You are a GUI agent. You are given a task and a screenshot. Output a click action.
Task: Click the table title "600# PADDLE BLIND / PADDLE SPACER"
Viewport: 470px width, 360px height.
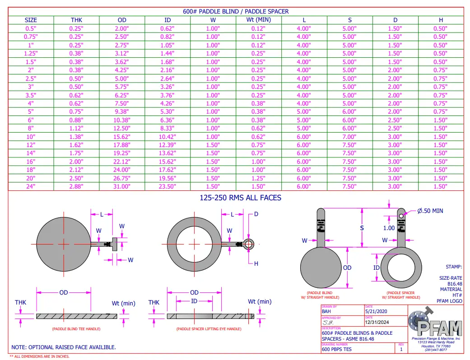pyautogui.click(x=235, y=11)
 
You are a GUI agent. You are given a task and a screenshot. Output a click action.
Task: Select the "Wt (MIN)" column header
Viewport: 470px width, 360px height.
pyautogui.click(x=259, y=20)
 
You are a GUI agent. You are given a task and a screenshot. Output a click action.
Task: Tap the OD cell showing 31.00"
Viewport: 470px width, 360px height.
pyautogui.click(x=122, y=186)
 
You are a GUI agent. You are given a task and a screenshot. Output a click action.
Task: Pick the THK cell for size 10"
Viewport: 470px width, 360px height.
pyautogui.click(x=76, y=137)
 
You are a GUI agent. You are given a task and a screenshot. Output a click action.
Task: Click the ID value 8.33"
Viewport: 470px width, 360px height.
pyautogui.click(x=168, y=128)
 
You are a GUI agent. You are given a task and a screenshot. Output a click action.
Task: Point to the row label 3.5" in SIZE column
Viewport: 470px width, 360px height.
pyautogui.click(x=31, y=95)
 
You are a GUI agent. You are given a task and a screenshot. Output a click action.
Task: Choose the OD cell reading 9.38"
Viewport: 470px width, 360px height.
pyautogui.click(x=122, y=111)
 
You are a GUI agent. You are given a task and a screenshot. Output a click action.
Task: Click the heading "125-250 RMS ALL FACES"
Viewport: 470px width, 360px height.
pyautogui.click(x=241, y=198)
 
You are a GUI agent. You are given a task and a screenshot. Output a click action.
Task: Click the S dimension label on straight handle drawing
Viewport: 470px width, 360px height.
pyautogui.click(x=362, y=228)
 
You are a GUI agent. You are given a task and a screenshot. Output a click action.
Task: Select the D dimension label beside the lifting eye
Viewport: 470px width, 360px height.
pyautogui.click(x=256, y=214)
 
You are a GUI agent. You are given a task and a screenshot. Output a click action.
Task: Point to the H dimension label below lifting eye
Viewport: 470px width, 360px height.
pyautogui.click(x=256, y=264)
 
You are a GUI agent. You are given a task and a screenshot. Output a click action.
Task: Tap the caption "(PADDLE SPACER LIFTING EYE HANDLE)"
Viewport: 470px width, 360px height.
pyautogui.click(x=209, y=329)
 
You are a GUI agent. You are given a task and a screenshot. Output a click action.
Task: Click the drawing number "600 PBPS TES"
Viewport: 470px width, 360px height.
pyautogui.click(x=337, y=349)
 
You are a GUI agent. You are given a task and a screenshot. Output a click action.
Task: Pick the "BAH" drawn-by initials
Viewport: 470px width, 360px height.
pyautogui.click(x=326, y=311)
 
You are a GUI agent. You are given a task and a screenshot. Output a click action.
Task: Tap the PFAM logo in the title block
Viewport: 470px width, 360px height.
pyautogui.click(x=435, y=324)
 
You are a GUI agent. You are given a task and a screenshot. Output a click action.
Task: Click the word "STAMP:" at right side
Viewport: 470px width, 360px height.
pyautogui.click(x=454, y=267)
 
